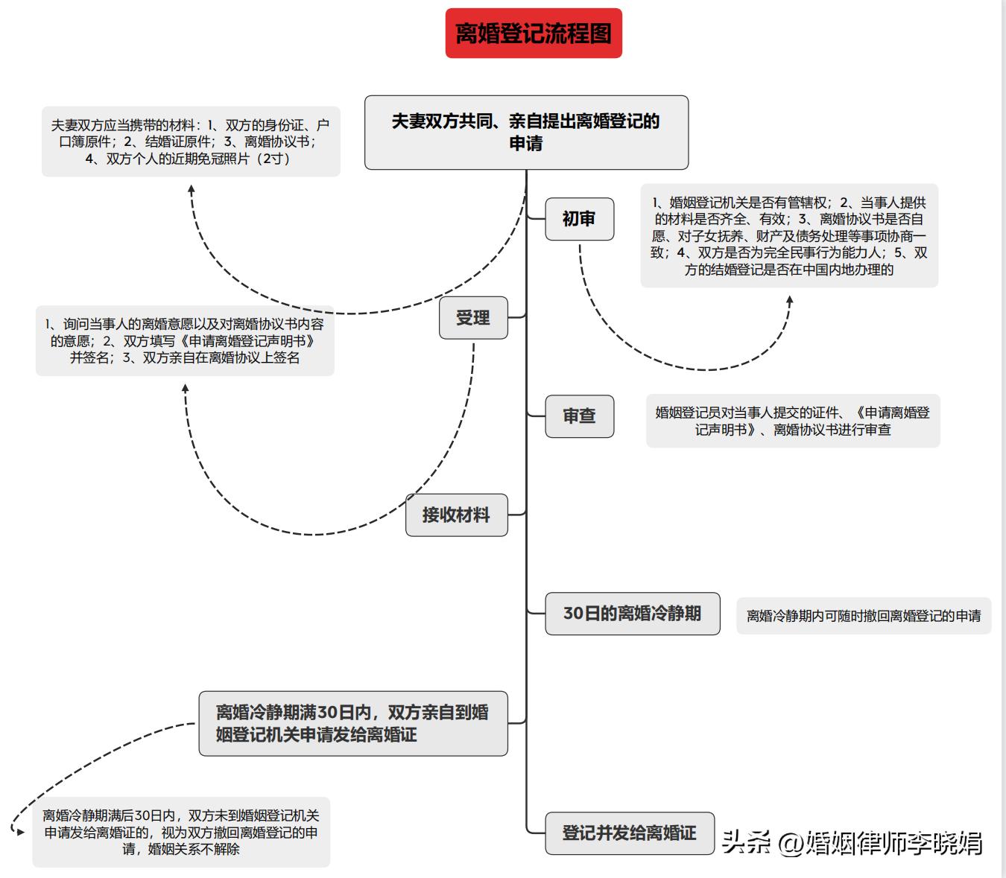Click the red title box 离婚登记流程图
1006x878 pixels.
pyautogui.click(x=534, y=34)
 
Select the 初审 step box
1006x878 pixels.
pyautogui.click(x=579, y=219)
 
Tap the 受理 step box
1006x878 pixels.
pyautogui.click(x=473, y=318)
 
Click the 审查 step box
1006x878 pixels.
pyautogui.click(x=579, y=416)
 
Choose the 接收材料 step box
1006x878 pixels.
pyautogui.click(x=456, y=515)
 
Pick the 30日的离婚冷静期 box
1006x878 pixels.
pyautogui.click(x=632, y=614)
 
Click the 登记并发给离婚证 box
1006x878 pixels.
pyautogui.click(x=629, y=833)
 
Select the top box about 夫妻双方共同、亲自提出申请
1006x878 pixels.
pyautogui.click(x=526, y=133)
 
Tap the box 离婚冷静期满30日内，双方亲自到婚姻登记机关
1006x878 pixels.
pyautogui.click(x=352, y=723)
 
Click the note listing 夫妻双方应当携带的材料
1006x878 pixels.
pyautogui.click(x=191, y=141)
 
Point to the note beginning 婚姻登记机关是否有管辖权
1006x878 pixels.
pyautogui.click(x=789, y=236)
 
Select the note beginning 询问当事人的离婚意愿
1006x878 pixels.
pyautogui.click(x=185, y=341)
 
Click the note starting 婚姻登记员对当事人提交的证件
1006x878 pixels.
pyautogui.click(x=793, y=421)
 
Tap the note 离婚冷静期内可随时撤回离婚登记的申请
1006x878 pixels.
pyautogui.click(x=864, y=616)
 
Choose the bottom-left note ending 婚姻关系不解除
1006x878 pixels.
pyautogui.click(x=181, y=833)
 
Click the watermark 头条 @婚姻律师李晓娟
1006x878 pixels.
pyautogui.click(x=852, y=842)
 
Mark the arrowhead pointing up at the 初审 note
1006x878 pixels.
pyautogui.click(x=790, y=299)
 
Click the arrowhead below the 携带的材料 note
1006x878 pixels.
pyautogui.click(x=192, y=189)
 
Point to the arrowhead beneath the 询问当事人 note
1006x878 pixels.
pyautogui.click(x=186, y=388)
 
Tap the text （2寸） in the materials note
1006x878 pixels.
pyautogui.click(x=273, y=159)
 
